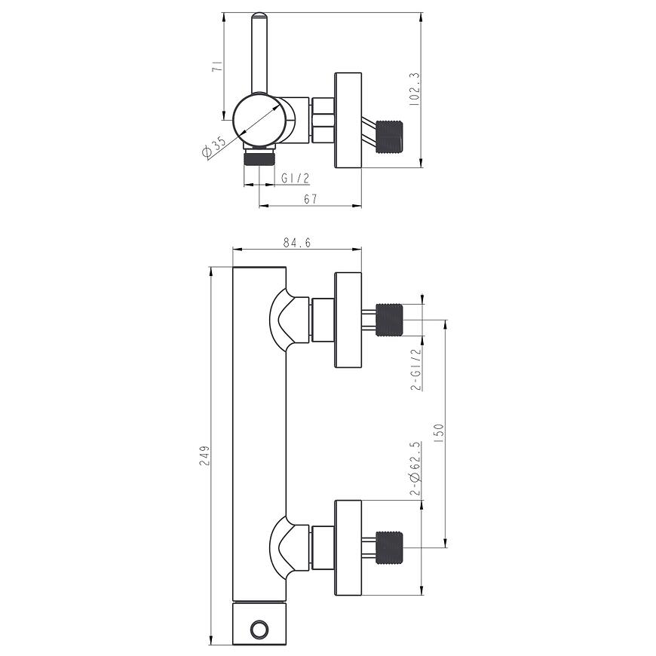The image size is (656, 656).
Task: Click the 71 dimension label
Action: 217,66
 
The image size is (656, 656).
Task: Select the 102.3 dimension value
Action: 414,89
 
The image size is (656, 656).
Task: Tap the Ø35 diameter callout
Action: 213,147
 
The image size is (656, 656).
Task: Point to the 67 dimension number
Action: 311,199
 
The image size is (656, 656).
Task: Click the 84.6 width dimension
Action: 297,243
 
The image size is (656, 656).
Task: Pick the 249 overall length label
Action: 204,455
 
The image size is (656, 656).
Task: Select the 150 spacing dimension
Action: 439,434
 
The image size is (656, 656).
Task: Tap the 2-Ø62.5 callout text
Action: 415,468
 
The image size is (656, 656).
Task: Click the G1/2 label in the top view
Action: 295,179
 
